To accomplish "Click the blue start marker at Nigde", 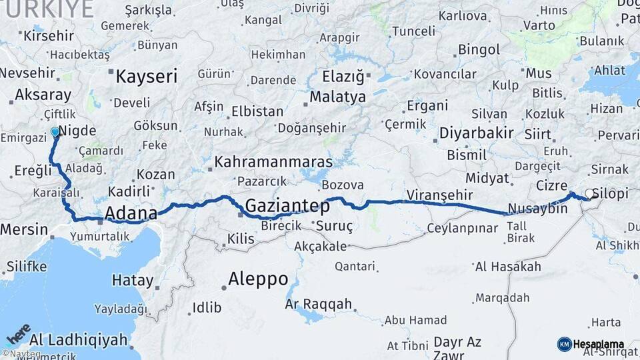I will point(55,132).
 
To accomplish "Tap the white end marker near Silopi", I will point(589,194).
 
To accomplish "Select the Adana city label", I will point(131,214).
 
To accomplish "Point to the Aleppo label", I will point(258,278).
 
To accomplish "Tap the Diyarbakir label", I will point(476,133).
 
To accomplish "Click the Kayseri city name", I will point(146,76).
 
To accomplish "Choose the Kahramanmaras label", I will point(273,162).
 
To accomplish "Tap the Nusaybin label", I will point(537,209).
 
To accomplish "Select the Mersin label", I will point(24,229).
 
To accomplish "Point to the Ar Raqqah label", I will point(318,304).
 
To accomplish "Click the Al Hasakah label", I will point(508,267).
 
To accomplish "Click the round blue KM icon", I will point(564,344).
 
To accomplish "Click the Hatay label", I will point(133,280).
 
